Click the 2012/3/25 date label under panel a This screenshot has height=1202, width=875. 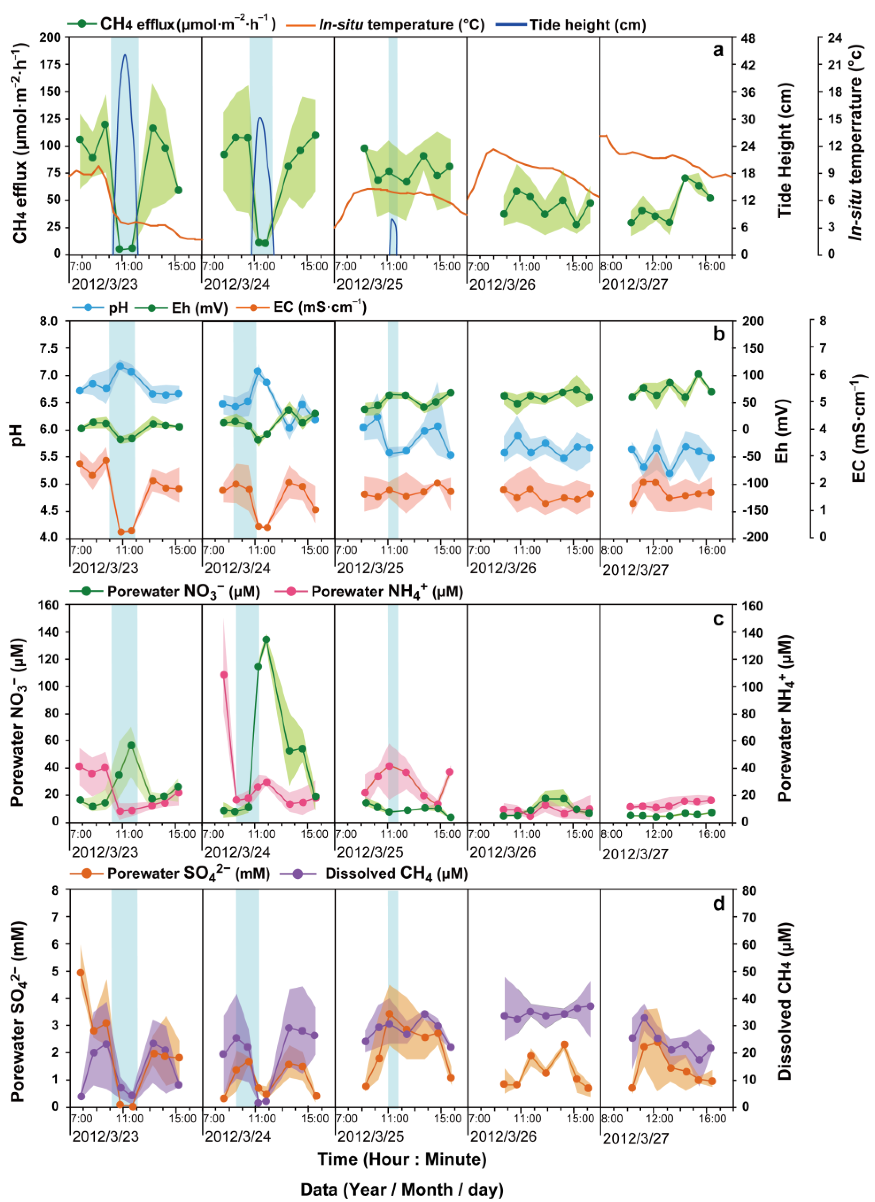(x=370, y=285)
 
